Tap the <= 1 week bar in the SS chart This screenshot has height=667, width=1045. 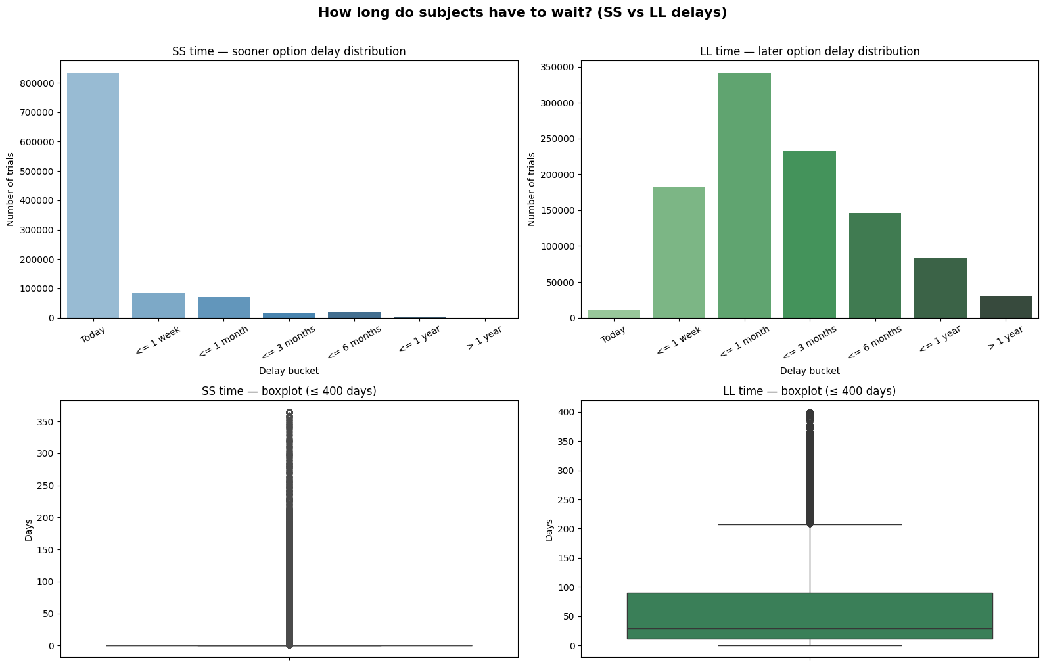(158, 306)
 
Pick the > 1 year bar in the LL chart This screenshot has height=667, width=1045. (1006, 308)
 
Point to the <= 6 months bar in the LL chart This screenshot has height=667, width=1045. (875, 265)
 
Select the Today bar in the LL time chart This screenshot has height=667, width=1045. (613, 314)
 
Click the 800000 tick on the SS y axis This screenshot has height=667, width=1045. (40, 83)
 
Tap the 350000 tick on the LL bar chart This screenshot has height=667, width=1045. (558, 67)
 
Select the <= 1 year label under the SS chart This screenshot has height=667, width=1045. (420, 339)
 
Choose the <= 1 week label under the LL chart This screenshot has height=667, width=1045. (679, 340)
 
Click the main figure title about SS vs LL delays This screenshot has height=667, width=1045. (522, 12)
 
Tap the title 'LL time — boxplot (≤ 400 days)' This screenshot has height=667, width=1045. (809, 391)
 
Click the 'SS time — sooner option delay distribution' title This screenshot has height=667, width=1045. (289, 51)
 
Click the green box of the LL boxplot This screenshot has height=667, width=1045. (809, 616)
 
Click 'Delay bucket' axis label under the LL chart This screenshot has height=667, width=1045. (809, 371)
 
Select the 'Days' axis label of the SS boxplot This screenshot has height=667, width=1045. (28, 529)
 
